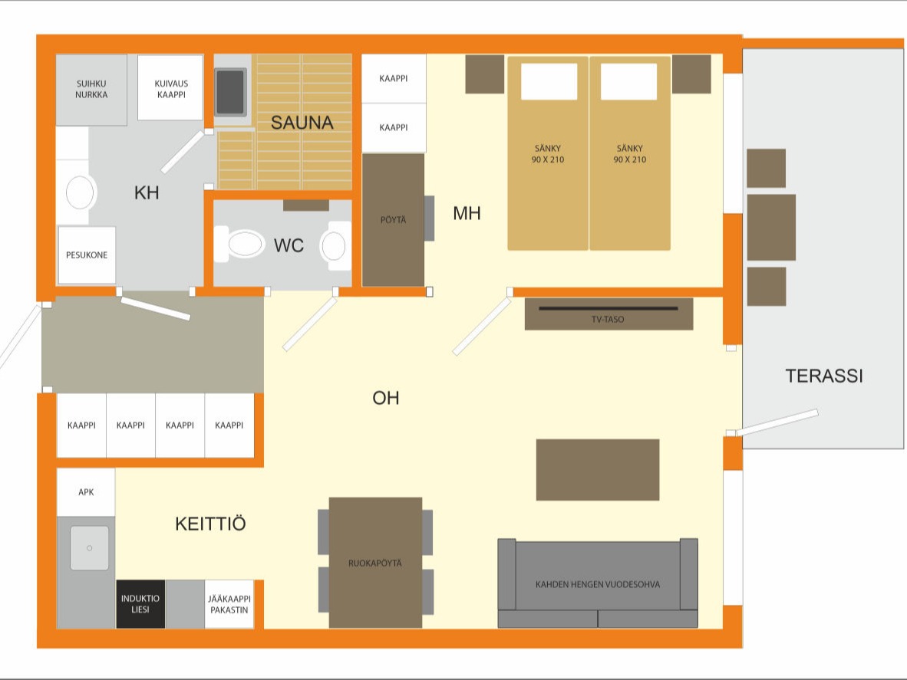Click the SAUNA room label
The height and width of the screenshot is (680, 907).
(302, 123)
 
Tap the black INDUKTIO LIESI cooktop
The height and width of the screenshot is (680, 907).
(140, 604)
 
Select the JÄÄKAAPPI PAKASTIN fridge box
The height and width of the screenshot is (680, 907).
(229, 604)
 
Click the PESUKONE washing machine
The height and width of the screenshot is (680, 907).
(87, 255)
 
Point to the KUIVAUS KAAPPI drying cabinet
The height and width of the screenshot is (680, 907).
(170, 88)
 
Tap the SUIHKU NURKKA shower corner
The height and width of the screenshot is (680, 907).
(91, 90)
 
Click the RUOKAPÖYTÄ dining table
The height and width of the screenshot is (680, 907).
(375, 562)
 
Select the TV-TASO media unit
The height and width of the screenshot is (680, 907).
(609, 314)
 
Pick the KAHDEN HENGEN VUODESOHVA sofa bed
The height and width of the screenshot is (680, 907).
(598, 583)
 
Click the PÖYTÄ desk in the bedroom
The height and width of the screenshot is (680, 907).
(394, 219)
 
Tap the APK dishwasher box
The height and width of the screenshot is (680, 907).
(86, 492)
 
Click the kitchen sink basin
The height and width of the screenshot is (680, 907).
(90, 547)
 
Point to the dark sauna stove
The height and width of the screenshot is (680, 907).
(231, 93)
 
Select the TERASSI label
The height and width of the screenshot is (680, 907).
(823, 376)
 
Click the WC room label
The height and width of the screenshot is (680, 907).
(289, 245)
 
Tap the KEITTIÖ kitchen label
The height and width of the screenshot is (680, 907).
(210, 524)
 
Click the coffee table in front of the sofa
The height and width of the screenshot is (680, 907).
(598, 470)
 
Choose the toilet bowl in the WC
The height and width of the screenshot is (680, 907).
(241, 245)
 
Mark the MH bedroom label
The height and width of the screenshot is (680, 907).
(467, 213)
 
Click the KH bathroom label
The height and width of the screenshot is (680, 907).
(147, 192)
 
